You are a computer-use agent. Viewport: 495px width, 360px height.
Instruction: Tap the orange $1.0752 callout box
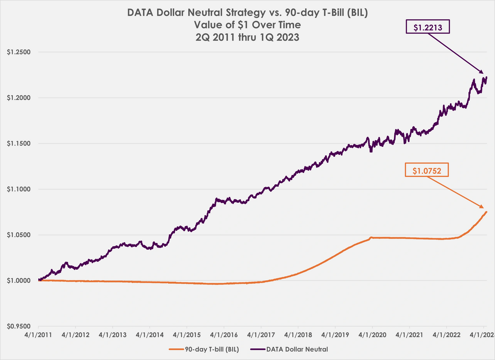pyautogui.click(x=427, y=170)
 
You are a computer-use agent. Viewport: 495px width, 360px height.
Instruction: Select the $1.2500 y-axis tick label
pyautogui.click(x=19, y=52)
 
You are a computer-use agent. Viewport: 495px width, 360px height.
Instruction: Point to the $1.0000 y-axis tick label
pyautogui.click(x=19, y=281)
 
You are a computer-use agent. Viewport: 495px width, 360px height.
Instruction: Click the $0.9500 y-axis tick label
pyautogui.click(x=19, y=326)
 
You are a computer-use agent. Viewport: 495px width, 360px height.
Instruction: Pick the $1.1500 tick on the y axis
pyautogui.click(x=19, y=144)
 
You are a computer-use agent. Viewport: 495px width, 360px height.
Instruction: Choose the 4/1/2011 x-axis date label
pyautogui.click(x=38, y=334)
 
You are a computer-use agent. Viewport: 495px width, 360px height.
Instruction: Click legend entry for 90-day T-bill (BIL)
pyautogui.click(x=204, y=350)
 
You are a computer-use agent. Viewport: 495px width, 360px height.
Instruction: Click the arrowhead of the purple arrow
pyautogui.click(x=482, y=72)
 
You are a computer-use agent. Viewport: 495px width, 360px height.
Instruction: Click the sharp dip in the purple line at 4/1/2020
pyautogui.click(x=371, y=151)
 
